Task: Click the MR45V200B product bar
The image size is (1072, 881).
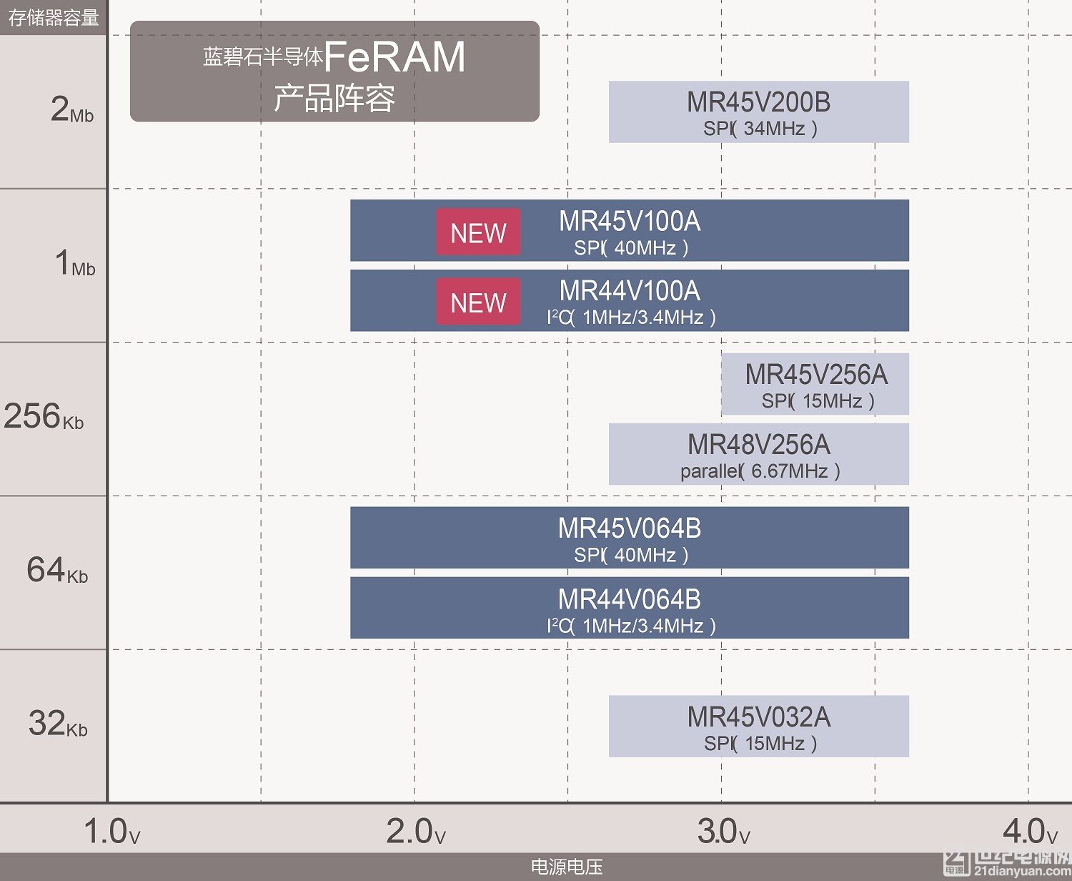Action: click(x=758, y=112)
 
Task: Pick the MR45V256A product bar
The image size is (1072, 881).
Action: click(x=815, y=384)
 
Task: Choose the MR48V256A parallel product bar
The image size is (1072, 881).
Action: click(x=758, y=454)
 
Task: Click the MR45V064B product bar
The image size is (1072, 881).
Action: click(x=629, y=538)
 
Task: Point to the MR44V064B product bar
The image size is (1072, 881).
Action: click(x=629, y=608)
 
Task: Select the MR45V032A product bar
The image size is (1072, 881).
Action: click(x=758, y=727)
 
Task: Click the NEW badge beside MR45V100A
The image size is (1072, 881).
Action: click(x=478, y=232)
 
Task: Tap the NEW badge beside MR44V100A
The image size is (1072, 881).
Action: click(x=478, y=302)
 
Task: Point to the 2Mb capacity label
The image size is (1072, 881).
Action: click(x=71, y=110)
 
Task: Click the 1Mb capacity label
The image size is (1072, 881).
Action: click(x=74, y=263)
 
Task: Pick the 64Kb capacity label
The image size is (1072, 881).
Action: click(x=57, y=570)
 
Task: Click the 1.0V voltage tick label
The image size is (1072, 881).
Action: click(x=111, y=832)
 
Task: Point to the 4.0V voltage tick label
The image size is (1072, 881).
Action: click(x=1029, y=832)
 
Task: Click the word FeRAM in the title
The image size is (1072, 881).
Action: click(x=394, y=57)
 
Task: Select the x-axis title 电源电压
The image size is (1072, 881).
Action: click(x=566, y=867)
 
